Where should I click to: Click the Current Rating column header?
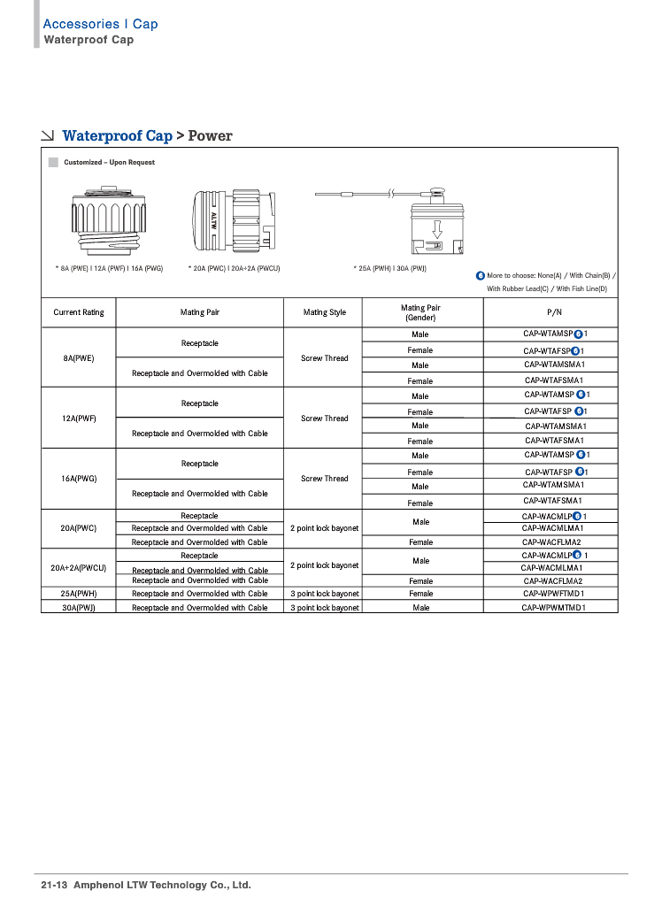[x=79, y=312]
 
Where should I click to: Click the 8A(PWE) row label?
[x=79, y=358]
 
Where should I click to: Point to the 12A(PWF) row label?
[x=79, y=418]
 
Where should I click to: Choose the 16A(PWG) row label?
[x=79, y=479]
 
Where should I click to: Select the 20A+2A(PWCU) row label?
[x=79, y=567]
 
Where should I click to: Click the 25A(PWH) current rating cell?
[x=79, y=594]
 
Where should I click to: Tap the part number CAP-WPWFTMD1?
[x=554, y=594]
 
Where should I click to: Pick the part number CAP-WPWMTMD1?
[x=554, y=608]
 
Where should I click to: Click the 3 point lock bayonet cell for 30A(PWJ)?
[x=325, y=608]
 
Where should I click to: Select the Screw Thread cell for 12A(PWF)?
[x=325, y=418]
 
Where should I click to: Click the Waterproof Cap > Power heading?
[x=147, y=136]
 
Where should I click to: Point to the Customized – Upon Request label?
[x=109, y=163]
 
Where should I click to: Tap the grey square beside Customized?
[x=53, y=163]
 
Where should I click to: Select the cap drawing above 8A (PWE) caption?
[x=109, y=221]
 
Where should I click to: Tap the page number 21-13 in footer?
[x=54, y=885]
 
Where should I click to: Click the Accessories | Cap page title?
[x=100, y=24]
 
